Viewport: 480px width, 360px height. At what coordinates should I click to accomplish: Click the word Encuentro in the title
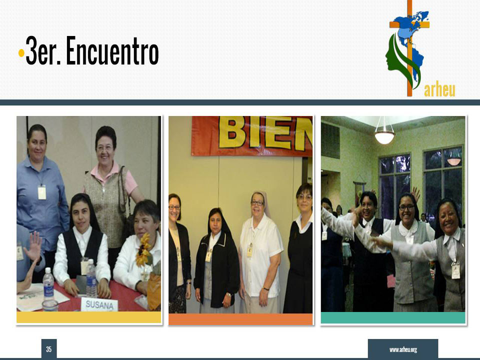tap(112, 50)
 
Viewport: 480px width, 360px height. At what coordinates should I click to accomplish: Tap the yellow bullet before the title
tap(21, 52)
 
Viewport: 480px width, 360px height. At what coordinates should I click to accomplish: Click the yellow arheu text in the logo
tap(439, 89)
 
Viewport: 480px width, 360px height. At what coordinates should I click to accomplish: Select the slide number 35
tap(49, 349)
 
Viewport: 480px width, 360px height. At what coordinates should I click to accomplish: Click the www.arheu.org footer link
tap(403, 349)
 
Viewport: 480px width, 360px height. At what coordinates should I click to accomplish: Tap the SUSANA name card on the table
tap(99, 304)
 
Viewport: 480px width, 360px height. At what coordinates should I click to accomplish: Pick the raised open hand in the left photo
tap(33, 245)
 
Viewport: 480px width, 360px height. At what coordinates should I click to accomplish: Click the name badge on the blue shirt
tap(42, 192)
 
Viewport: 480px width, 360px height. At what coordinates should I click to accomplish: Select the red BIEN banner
tap(251, 135)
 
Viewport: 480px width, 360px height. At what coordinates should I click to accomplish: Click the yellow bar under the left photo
tap(89, 317)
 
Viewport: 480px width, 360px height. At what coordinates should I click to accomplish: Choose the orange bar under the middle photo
tap(240, 319)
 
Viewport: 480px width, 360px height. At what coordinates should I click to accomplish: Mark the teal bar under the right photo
tap(393, 317)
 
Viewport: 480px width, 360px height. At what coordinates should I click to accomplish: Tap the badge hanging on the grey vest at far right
tap(456, 270)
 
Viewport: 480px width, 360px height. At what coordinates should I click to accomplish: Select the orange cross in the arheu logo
tap(409, 48)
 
